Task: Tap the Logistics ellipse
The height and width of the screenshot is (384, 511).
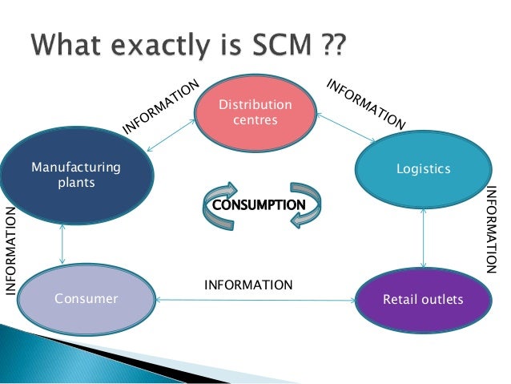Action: [424, 169]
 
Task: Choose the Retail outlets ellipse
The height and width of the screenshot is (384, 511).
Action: [424, 300]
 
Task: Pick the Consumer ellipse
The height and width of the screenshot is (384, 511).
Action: [86, 299]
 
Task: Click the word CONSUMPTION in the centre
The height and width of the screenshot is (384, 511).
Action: [257, 204]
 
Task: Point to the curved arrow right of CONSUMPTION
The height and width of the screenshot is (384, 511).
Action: [307, 203]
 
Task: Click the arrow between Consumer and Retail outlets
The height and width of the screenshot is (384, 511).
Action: [255, 301]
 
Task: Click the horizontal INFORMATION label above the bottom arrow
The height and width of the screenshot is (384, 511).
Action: [248, 285]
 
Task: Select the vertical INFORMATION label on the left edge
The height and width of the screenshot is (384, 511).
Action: [11, 249]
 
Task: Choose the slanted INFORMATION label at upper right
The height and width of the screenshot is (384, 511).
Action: [366, 104]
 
